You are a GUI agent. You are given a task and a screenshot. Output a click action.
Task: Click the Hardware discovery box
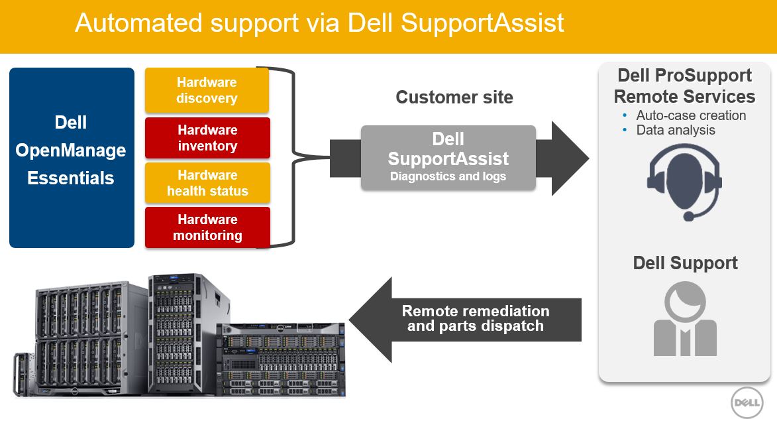click(207, 90)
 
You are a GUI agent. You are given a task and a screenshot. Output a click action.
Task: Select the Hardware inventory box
click(207, 138)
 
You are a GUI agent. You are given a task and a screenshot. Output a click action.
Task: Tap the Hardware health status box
click(207, 183)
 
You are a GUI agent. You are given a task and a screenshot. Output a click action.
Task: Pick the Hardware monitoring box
click(207, 227)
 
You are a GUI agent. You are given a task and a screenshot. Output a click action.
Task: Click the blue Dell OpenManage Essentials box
click(72, 158)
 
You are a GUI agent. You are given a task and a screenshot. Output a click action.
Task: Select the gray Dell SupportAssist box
click(448, 158)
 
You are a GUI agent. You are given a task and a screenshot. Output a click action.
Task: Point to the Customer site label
click(454, 97)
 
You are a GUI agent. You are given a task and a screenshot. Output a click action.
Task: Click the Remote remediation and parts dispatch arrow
click(464, 318)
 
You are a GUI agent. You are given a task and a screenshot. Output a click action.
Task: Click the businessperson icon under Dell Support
click(684, 320)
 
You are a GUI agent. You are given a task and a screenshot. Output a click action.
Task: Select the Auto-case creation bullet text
click(691, 115)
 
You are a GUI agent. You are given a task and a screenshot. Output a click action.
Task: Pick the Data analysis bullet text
click(675, 130)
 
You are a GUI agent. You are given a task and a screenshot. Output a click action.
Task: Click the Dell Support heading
click(685, 263)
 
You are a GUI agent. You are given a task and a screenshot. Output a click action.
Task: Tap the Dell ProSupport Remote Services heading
click(684, 86)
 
